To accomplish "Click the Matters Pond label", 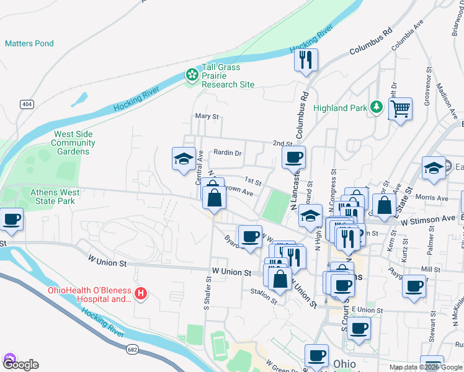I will pyautogui.click(x=29, y=43).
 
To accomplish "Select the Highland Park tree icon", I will pyautogui.click(x=375, y=108).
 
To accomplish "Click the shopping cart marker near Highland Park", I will pyautogui.click(x=401, y=110).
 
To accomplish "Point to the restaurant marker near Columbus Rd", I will pyautogui.click(x=305, y=60).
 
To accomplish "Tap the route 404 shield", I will pyautogui.click(x=26, y=104).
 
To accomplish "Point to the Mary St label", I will pyautogui.click(x=207, y=116).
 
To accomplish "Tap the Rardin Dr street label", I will pyautogui.click(x=227, y=153).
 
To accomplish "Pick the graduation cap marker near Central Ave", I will pyautogui.click(x=184, y=159).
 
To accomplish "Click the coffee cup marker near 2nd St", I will pyautogui.click(x=293, y=157).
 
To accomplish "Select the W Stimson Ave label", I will pyautogui.click(x=427, y=219).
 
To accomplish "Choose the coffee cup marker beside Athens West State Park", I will pyautogui.click(x=12, y=219).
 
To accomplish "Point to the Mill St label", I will pyautogui.click(x=430, y=270).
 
